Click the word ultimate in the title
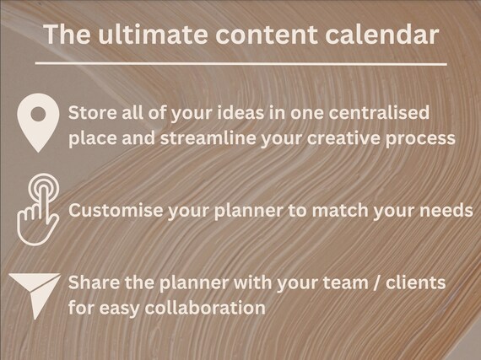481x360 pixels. tap(153, 34)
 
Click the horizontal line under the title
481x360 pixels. tap(240, 64)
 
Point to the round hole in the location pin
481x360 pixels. tap(38, 115)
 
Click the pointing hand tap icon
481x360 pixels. tap(38, 210)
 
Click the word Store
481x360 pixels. tap(93, 112)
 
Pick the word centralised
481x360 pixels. tap(379, 112)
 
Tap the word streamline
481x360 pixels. tap(208, 138)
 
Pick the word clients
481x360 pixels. tap(416, 282)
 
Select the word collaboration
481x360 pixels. tap(205, 308)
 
